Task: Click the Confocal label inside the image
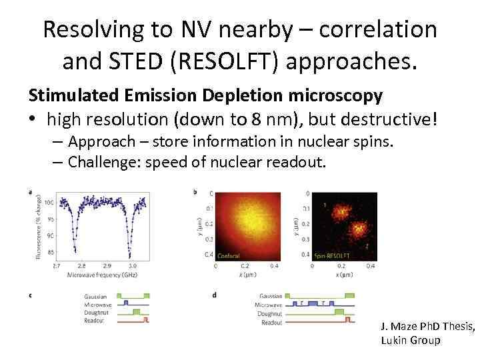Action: [x=229, y=255]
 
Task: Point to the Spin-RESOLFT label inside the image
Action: [x=331, y=255]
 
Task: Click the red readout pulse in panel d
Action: [x=347, y=321]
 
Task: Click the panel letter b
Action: [x=195, y=192]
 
